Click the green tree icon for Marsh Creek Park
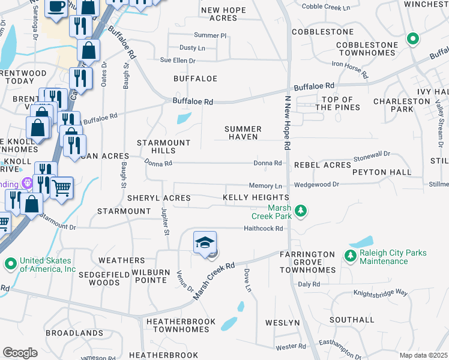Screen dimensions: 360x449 (x=302, y=211)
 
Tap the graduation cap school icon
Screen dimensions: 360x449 (x=204, y=242)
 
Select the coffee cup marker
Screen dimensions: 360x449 (x=57, y=7)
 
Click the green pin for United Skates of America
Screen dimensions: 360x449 (x=10, y=263)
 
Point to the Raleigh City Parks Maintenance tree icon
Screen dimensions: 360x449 (x=350, y=256)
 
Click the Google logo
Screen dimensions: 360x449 (x=20, y=353)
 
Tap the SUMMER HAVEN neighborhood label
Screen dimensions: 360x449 (x=243, y=133)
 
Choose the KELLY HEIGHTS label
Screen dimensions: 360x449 (x=256, y=197)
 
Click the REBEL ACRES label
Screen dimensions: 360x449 (x=322, y=165)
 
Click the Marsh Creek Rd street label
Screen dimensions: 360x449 (x=213, y=281)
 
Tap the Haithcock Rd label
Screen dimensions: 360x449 (x=262, y=228)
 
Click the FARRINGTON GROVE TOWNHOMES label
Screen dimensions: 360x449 (x=307, y=262)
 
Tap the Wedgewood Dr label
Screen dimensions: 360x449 (x=316, y=184)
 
